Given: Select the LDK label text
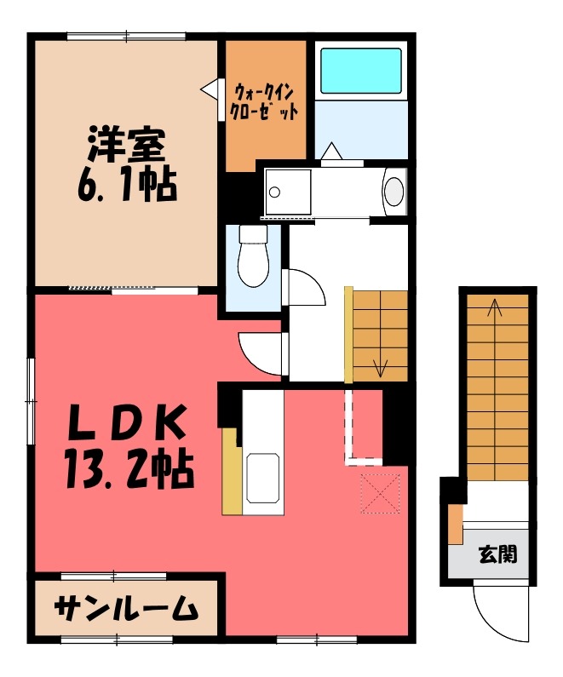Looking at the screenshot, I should coord(126,423).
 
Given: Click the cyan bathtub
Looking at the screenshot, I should coord(360,72).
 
